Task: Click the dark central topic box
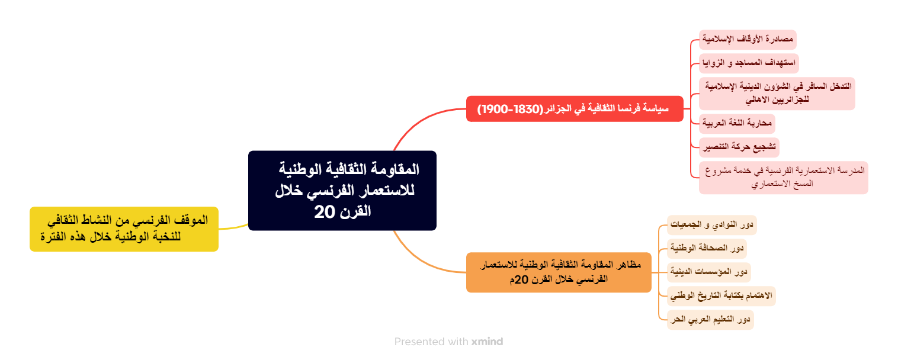point(342,190)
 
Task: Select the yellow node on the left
point(124,229)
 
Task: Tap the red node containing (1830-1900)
point(575,109)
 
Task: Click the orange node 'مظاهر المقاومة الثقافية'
point(559,272)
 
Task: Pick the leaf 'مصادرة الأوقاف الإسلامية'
point(748,40)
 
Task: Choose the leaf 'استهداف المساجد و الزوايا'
point(749,63)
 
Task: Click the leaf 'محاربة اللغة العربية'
point(737,124)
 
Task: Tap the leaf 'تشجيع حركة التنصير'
point(739,146)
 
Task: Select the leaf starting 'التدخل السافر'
point(777,93)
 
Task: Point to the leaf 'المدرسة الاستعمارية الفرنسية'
point(783,177)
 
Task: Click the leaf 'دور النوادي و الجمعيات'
point(711,225)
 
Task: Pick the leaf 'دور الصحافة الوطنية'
point(707,248)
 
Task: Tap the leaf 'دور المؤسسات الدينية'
point(709,272)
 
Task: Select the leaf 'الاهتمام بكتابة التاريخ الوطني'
point(721,295)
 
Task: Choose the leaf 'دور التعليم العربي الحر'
point(710,319)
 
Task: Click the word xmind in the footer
point(487,342)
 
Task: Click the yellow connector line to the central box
point(234,227)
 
